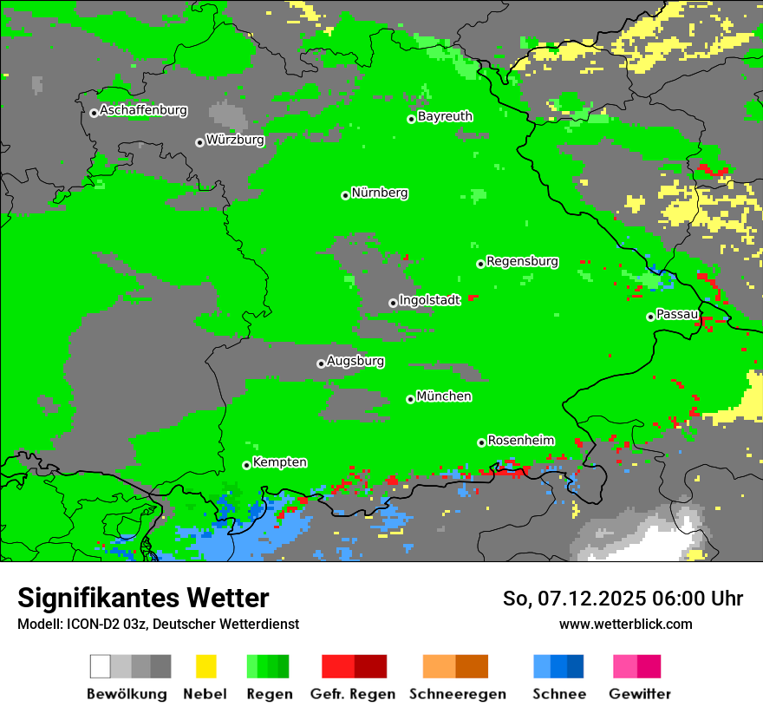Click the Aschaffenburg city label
[143, 110]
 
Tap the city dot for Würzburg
[199, 142]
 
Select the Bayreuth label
[445, 116]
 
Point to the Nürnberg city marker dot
[345, 195]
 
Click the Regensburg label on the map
[522, 261]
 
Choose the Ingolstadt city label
[429, 300]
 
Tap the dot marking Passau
[650, 317]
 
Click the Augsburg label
[355, 361]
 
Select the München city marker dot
[410, 399]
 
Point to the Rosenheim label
[520, 440]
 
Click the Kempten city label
[279, 462]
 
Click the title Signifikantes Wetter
[143, 598]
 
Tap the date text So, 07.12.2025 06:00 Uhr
[623, 599]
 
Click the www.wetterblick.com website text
[625, 624]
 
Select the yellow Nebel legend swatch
[205, 666]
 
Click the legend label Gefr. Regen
[353, 694]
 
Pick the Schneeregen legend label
[457, 694]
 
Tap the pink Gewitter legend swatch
[625, 666]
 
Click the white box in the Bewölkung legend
[101, 666]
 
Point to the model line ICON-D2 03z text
[158, 624]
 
